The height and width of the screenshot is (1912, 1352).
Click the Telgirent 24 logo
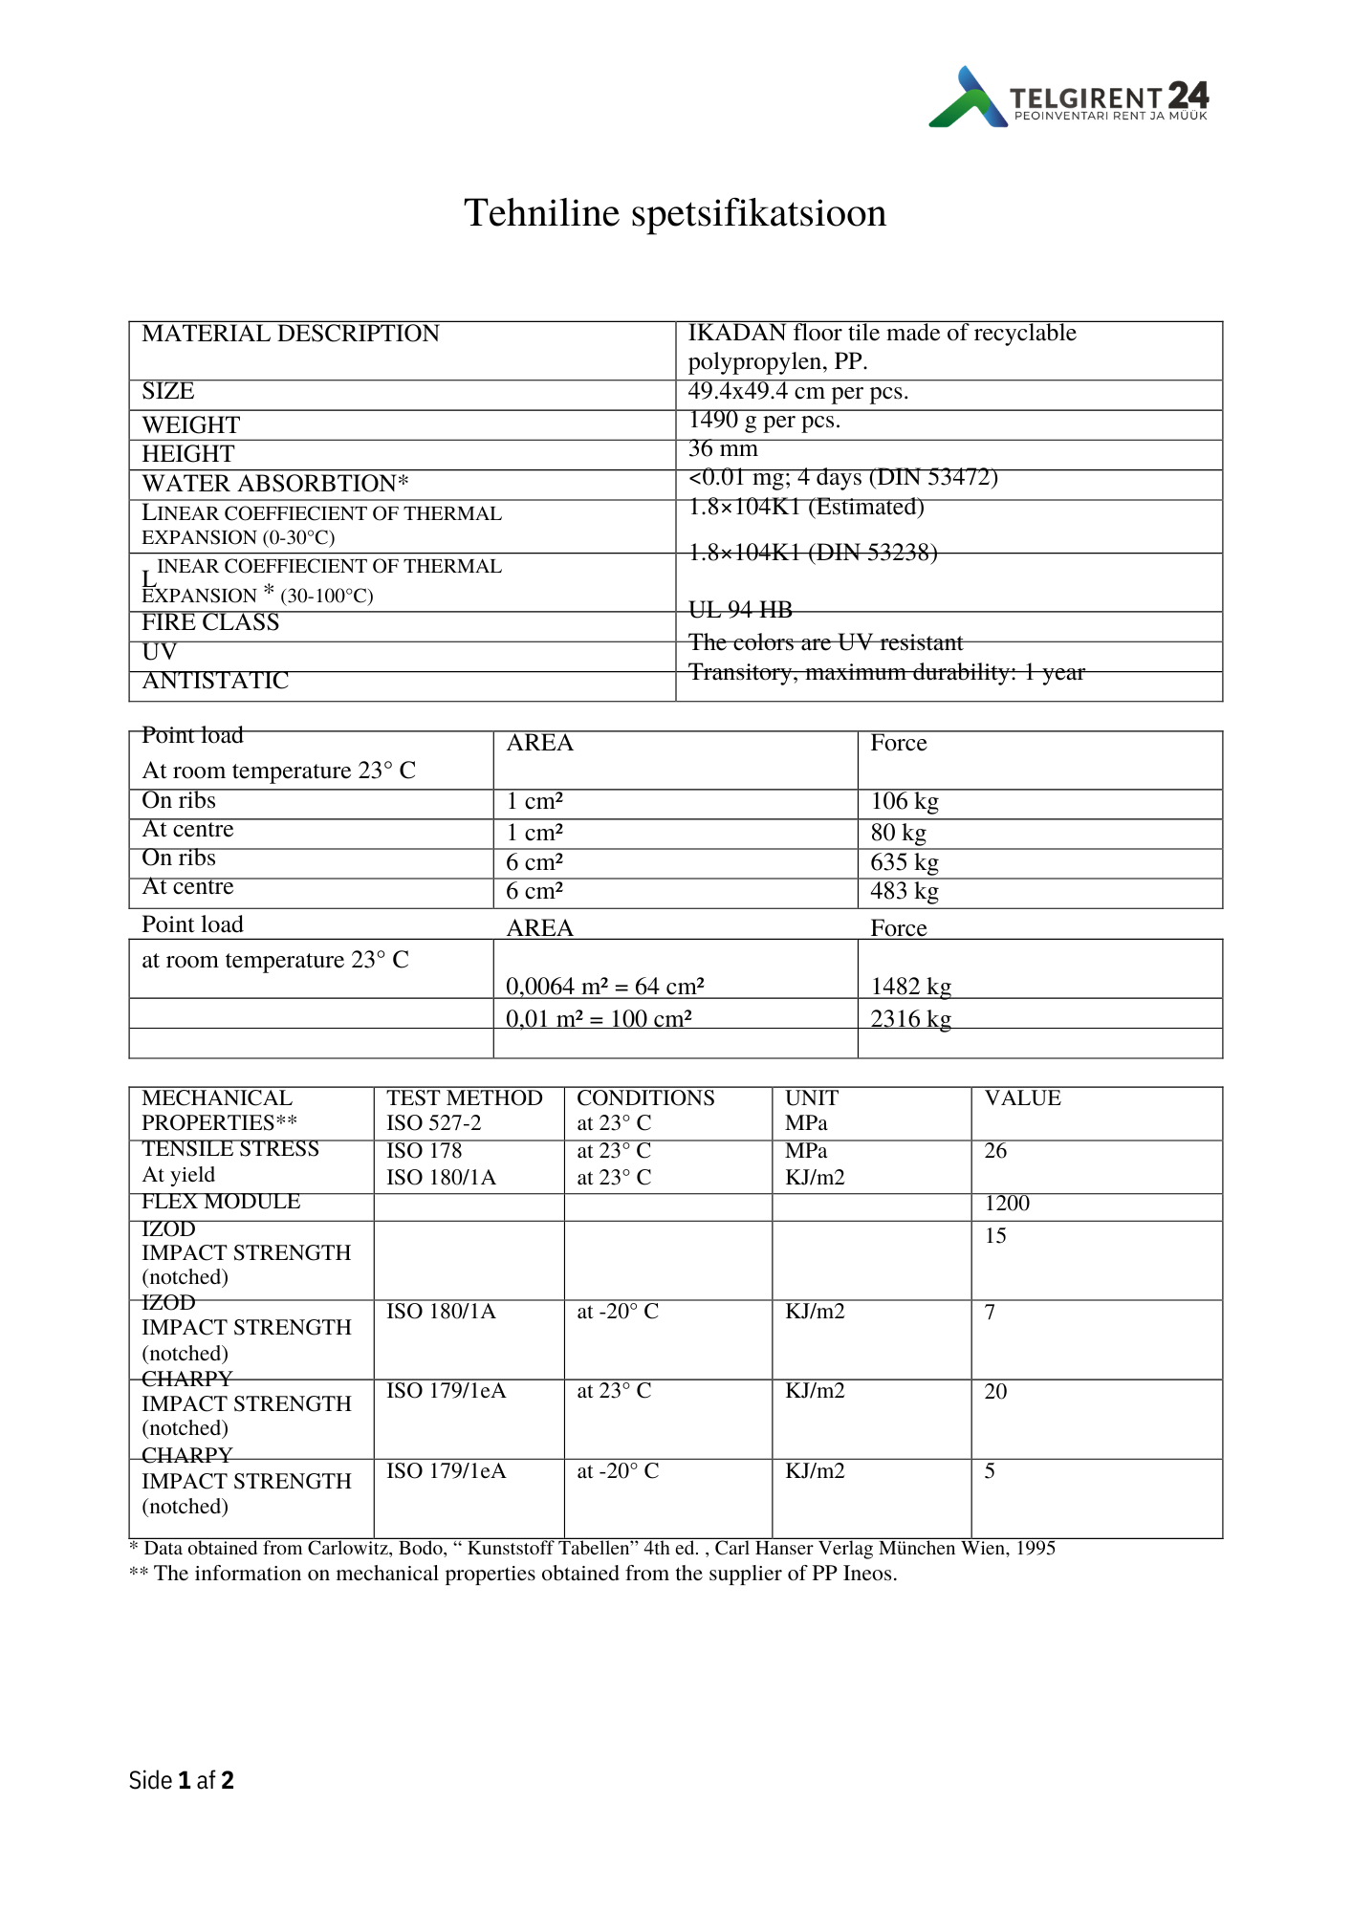1068,98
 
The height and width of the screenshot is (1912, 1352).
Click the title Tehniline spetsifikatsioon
675,213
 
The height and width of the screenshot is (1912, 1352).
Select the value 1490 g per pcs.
764,421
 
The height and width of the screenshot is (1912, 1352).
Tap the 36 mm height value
723,449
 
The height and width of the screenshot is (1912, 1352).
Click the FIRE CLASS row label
210,623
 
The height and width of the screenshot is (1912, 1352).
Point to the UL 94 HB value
740,610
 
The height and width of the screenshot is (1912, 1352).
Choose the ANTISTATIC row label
215,682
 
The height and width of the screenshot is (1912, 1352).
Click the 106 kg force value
905,802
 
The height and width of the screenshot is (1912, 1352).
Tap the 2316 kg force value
910,1019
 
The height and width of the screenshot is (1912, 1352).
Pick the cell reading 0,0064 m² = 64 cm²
605,987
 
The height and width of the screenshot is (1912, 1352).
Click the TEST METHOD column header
464,1098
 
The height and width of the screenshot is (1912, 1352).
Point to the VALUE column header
1022,1098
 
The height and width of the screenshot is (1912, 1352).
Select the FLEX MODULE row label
221,1203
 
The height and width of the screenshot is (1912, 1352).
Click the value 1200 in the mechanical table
1007,1205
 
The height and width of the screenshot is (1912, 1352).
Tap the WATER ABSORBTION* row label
275,485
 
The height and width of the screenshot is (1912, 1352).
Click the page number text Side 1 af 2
182,1780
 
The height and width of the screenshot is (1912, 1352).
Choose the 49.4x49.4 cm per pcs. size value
798,392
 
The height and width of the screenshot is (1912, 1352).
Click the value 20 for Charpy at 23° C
995,1392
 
